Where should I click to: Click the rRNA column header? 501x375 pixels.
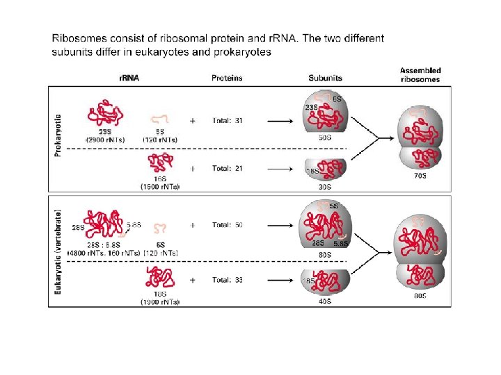pos(129,78)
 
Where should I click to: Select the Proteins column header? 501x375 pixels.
pos(227,78)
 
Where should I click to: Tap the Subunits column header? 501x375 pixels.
pos(325,78)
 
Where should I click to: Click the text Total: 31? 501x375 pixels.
pos(228,120)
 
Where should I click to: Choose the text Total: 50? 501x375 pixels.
pos(228,225)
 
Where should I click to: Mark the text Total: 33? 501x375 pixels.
pos(228,280)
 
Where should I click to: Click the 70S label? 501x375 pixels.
pos(420,176)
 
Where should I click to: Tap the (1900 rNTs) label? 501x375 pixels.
pos(159,302)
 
